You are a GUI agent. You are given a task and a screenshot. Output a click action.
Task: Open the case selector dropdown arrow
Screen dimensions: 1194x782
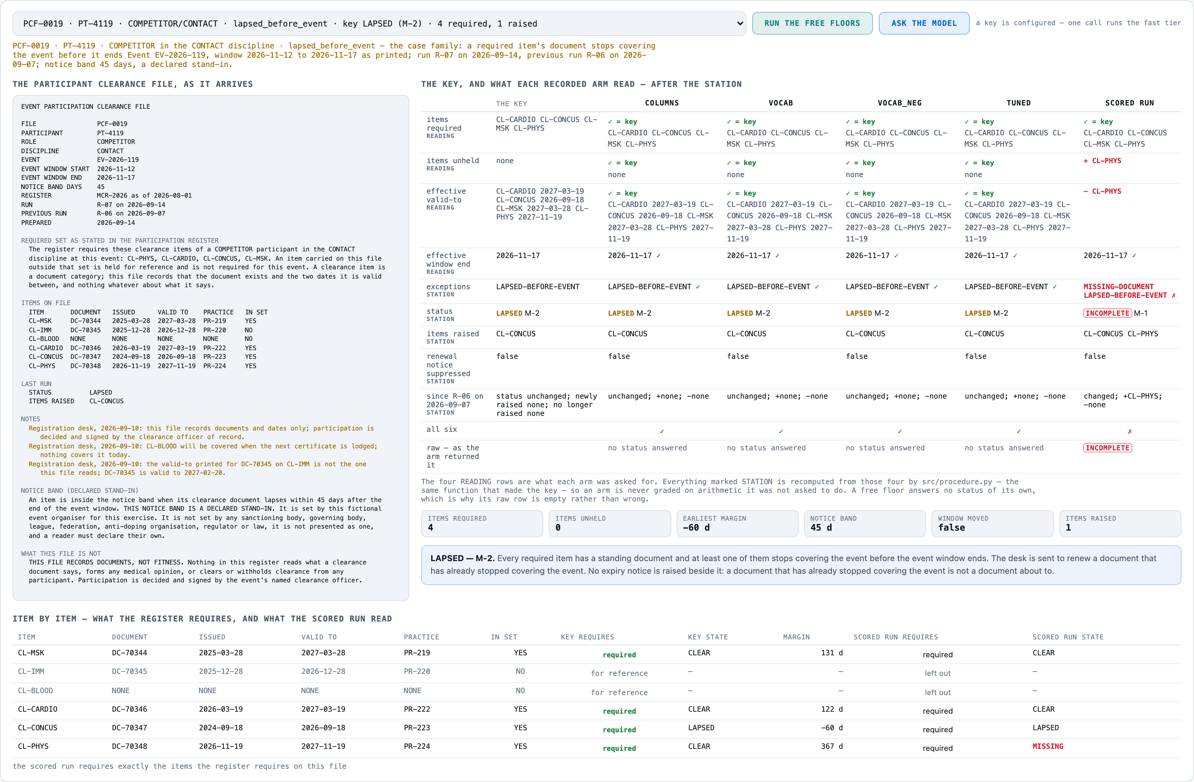740,24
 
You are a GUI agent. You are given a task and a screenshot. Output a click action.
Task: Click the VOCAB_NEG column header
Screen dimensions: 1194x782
899,103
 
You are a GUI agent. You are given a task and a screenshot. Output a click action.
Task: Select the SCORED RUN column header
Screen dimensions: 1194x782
1129,103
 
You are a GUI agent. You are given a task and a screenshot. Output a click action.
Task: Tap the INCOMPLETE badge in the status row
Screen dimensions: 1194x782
1107,313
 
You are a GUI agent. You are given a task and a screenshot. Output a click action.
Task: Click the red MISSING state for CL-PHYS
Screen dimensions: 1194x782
1047,747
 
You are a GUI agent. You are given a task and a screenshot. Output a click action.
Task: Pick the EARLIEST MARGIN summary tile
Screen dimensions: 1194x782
737,523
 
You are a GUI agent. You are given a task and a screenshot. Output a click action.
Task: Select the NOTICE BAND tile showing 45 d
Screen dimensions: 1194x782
864,523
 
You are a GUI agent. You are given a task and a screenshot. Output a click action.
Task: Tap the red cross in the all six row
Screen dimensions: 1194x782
1129,431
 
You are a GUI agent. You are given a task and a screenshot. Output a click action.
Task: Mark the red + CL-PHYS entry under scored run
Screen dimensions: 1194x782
1102,161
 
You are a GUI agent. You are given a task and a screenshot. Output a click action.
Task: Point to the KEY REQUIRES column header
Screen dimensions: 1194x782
587,637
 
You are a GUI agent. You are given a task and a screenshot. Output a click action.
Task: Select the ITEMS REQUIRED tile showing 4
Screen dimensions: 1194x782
482,523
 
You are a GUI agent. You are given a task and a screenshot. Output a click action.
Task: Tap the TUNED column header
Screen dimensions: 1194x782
1019,103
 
